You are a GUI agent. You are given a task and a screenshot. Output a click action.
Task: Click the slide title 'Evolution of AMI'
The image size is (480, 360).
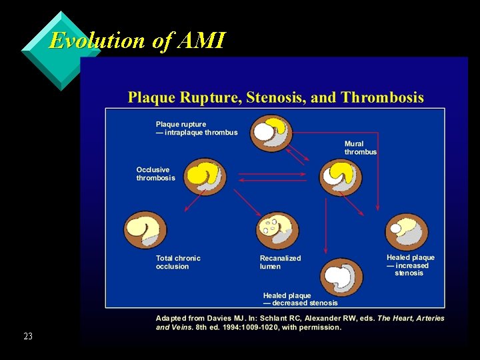[x=137, y=41]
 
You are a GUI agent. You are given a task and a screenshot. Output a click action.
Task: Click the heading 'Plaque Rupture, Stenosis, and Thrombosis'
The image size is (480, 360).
[x=276, y=98]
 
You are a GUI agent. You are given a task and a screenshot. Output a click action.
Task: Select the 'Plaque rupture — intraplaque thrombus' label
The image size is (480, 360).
[x=197, y=128]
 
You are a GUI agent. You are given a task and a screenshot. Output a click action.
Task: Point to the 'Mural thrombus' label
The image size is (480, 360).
[x=361, y=148]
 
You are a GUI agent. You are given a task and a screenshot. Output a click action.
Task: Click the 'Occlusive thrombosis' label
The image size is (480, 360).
[x=156, y=174]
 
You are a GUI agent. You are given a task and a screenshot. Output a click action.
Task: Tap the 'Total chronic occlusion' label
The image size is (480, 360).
[x=178, y=262]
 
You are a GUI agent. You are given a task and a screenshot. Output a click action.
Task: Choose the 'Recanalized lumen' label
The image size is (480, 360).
[x=280, y=262]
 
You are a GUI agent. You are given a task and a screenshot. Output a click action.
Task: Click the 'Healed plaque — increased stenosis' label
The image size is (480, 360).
[x=410, y=265]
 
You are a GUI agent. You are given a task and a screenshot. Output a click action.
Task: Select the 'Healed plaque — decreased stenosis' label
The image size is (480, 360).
[x=300, y=299]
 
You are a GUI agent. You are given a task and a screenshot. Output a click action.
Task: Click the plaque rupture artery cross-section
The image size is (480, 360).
[x=271, y=135]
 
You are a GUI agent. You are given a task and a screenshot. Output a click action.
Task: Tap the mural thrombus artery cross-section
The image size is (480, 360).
[x=341, y=177]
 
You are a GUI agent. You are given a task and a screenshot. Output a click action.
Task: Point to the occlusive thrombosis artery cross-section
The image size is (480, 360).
[x=205, y=177]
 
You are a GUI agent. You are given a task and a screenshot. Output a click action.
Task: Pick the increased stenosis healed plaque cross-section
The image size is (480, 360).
[x=407, y=232]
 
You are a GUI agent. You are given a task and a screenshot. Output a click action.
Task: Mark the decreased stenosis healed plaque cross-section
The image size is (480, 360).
[x=342, y=275]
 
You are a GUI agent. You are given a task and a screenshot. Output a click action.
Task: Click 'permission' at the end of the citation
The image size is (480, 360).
[x=318, y=327]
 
